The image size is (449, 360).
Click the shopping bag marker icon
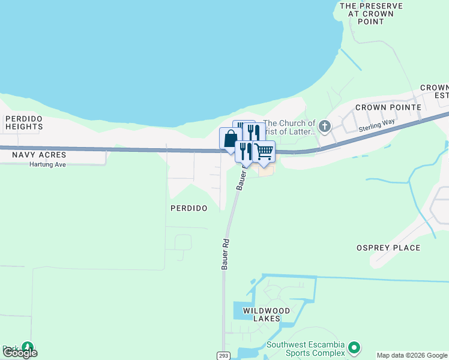tap(231, 139)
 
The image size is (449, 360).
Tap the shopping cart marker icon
tap(264, 151)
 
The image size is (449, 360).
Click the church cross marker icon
tap(325, 126)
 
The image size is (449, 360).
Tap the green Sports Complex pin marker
tap(354, 347)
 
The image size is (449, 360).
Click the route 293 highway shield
tap(223, 356)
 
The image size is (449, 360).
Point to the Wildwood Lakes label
tap(266, 314)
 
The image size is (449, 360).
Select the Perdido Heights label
tap(24, 122)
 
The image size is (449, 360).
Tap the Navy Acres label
tap(39, 155)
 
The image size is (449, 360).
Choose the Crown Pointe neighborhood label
tap(388, 107)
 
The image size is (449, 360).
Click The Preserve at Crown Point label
tap(370, 13)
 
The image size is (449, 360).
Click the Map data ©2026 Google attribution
tap(412, 356)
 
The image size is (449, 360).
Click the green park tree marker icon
tap(28, 346)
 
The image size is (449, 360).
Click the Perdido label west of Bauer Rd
tap(188, 208)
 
